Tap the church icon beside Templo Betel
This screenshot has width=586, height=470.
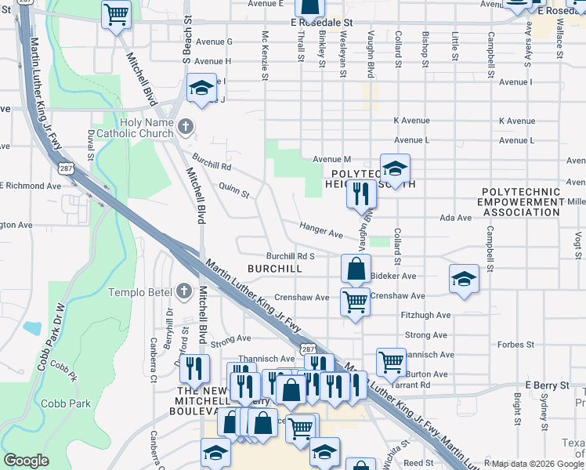point(184,291)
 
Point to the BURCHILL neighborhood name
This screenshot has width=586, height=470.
point(274,268)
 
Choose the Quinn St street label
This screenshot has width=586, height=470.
point(233,190)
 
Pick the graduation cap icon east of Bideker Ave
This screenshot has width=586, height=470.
point(464,279)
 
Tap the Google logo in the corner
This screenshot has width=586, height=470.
point(26,461)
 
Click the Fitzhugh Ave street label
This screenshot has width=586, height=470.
point(425,315)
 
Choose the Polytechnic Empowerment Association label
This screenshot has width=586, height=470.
point(522,201)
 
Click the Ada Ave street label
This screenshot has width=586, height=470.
point(456,218)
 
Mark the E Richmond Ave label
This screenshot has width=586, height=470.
point(31,186)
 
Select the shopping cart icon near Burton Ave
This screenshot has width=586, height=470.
point(391,361)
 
